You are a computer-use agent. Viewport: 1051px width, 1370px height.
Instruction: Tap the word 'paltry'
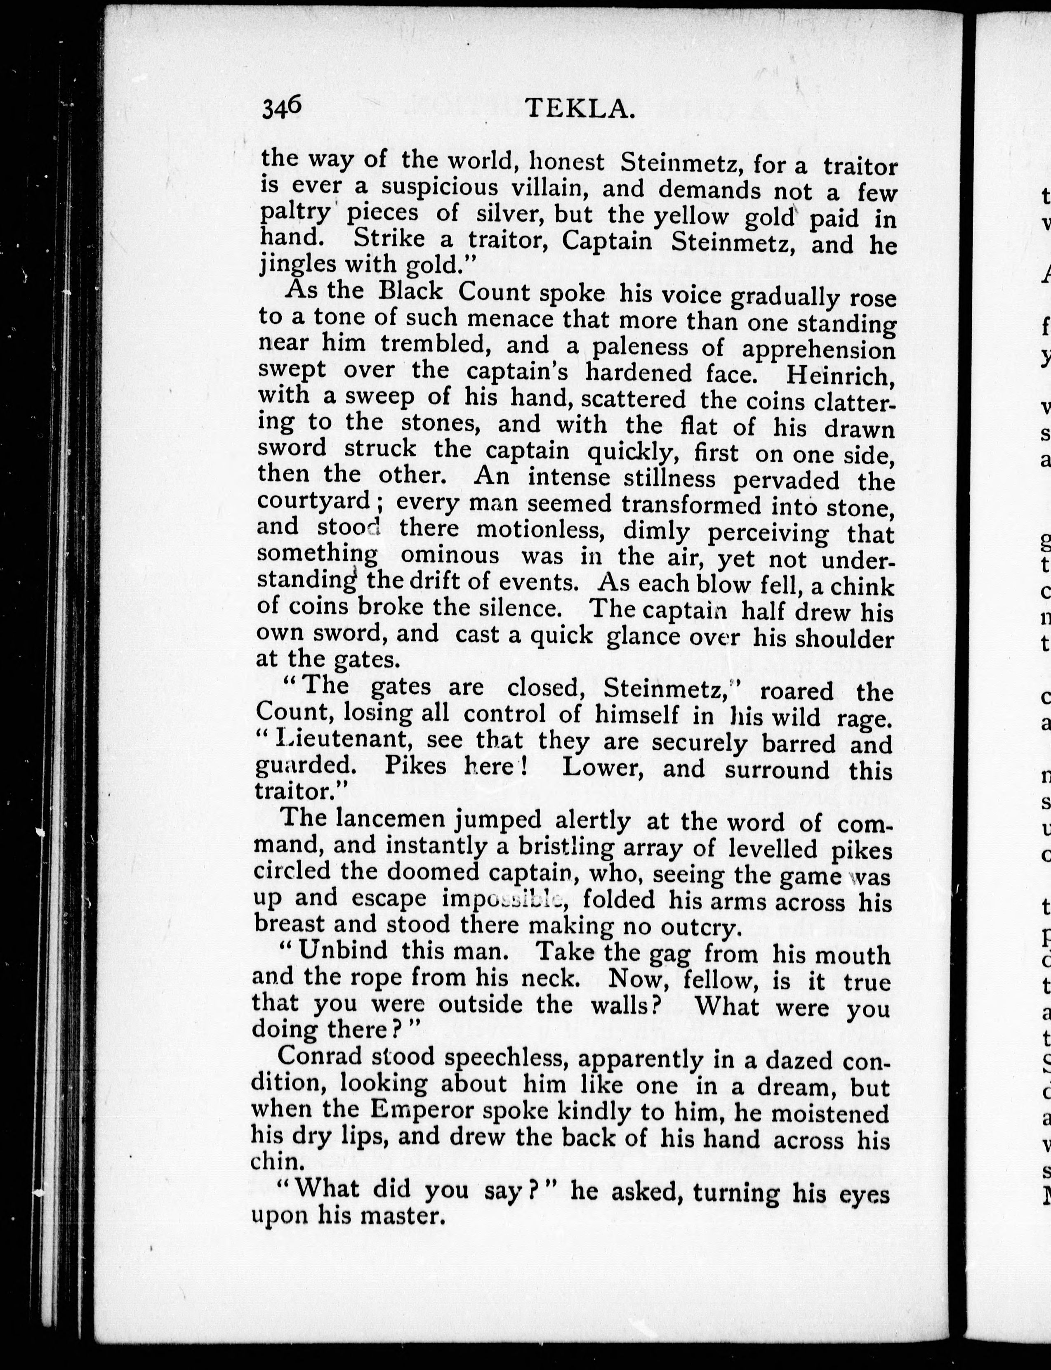click(295, 213)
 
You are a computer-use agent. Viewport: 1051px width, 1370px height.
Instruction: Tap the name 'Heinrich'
click(839, 376)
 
